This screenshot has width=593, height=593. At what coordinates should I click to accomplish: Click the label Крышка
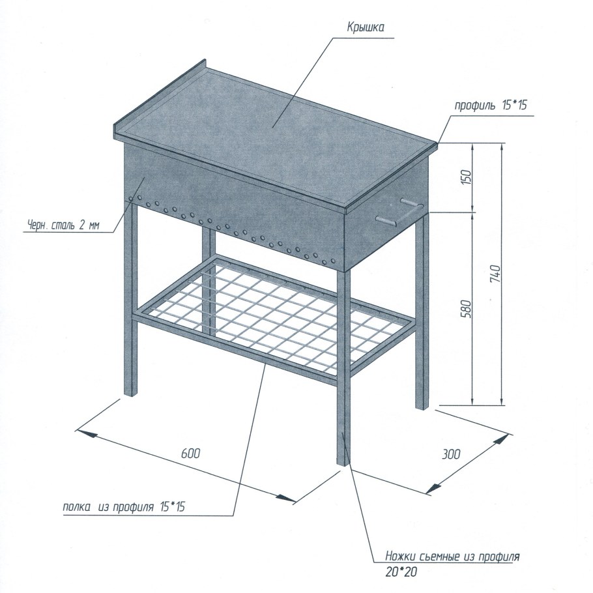point(366,28)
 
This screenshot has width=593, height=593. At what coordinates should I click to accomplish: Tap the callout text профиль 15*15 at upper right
point(491,105)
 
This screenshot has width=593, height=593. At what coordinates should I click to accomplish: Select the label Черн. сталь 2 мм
point(64,225)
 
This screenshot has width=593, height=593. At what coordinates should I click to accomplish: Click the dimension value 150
point(467,177)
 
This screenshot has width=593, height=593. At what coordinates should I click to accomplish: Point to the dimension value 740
point(495,274)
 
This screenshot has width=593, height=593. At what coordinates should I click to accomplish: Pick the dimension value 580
point(467,308)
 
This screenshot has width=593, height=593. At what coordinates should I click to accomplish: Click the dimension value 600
point(190,453)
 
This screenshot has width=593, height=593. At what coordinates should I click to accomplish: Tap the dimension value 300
point(451,454)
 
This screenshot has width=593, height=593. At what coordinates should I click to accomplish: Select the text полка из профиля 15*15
point(124,507)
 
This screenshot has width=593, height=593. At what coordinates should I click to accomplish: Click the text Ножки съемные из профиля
point(452,557)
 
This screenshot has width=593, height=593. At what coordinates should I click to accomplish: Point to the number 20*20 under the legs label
point(401,572)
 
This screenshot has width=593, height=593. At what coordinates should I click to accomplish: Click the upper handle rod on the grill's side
point(412,203)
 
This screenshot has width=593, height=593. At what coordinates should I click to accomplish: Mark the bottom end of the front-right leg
point(343,463)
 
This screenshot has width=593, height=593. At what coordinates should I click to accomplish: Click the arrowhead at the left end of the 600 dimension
point(85,433)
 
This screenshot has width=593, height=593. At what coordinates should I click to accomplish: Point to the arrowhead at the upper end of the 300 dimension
point(502,439)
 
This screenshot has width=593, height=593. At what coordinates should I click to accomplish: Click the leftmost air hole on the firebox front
point(131,199)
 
